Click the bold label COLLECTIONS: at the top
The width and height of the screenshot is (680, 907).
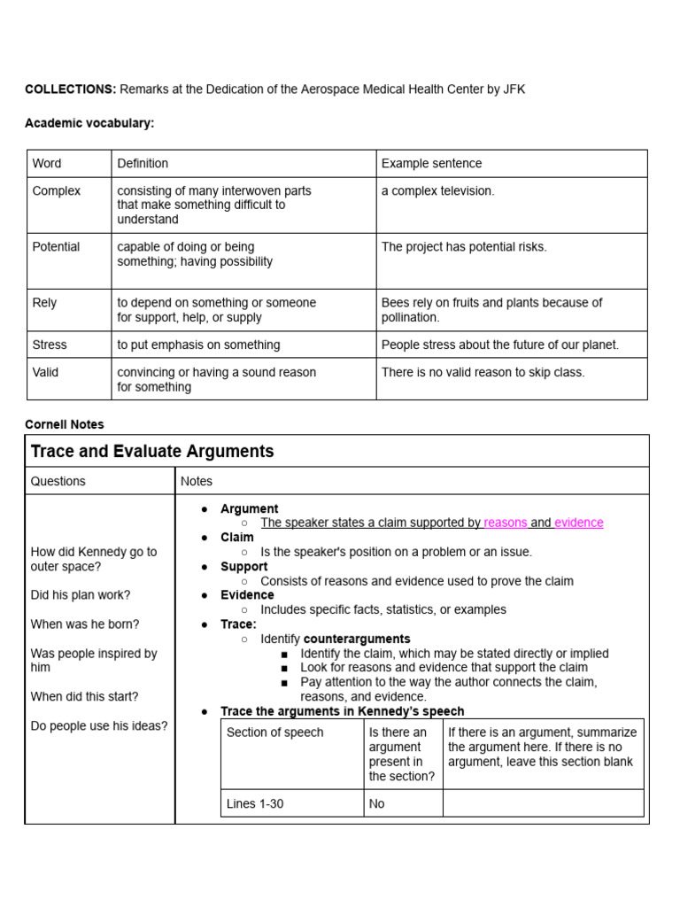[x=70, y=89]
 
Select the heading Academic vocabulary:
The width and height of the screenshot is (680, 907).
[x=89, y=123]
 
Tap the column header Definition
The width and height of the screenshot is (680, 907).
[x=143, y=164]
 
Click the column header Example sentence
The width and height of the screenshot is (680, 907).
[x=431, y=164]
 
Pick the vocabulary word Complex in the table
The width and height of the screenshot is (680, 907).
[x=56, y=190]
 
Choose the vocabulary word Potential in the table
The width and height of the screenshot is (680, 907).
[x=56, y=246]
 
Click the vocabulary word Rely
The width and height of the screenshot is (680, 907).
[x=44, y=302]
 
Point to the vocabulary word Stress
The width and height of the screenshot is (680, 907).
[x=50, y=345]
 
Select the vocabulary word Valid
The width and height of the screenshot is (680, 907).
[x=45, y=372]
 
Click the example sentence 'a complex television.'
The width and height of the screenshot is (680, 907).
[x=437, y=190]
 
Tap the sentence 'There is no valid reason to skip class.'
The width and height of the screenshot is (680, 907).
[x=483, y=372]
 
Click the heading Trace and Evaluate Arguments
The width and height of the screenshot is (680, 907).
[x=152, y=452]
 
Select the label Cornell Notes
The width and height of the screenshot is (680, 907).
[x=65, y=424]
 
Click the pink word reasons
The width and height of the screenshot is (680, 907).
[x=506, y=523]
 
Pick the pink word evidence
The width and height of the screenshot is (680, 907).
[x=579, y=523]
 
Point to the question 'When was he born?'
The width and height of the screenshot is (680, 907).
[x=85, y=624]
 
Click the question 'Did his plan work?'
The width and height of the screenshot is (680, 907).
[x=81, y=595]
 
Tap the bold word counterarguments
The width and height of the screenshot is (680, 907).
[x=357, y=639]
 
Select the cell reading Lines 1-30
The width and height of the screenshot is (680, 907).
[x=255, y=803]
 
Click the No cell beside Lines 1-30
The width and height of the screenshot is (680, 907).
[x=377, y=803]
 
